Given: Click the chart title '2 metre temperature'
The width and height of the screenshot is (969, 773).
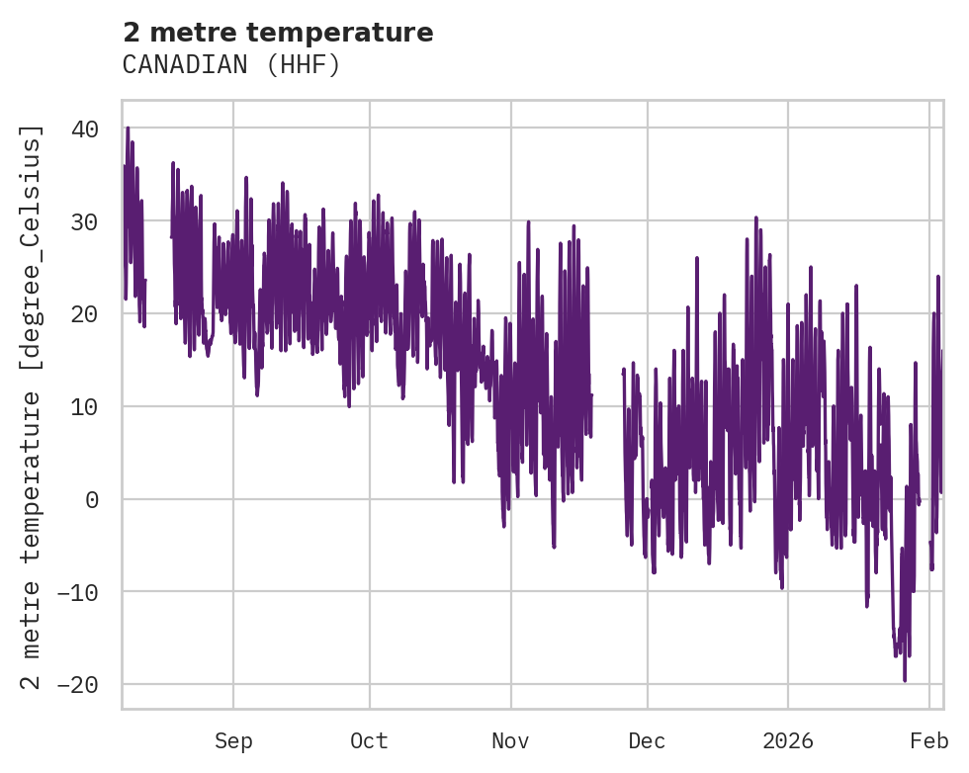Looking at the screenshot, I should pos(278,33).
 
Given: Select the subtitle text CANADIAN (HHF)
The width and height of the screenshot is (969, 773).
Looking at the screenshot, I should pos(231,65).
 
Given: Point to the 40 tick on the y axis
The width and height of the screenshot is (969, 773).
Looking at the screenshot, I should pos(85,129).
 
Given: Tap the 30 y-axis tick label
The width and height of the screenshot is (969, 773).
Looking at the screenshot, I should pos(85,221).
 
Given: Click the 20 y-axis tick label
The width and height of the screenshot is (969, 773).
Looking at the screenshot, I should pos(85,314).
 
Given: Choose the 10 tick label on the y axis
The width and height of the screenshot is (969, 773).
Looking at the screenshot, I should pos(85,406).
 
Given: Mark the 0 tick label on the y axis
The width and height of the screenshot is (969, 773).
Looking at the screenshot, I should pos(92,499).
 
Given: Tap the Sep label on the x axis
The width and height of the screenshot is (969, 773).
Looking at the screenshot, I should pos(233,741).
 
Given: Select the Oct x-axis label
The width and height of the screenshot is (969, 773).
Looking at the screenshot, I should pos(369,741).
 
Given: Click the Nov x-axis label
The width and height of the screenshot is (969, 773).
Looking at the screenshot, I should pos(511,741).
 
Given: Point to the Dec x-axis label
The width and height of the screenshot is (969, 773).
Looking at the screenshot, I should pos(647,741).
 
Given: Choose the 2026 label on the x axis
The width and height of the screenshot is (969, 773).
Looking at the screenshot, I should pos(788,741).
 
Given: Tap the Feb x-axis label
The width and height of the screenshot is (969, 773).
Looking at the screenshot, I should pos(929,741).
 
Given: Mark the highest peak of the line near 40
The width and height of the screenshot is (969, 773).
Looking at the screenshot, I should pos(128,128).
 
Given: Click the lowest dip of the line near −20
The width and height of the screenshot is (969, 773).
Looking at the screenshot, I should pos(904,679).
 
